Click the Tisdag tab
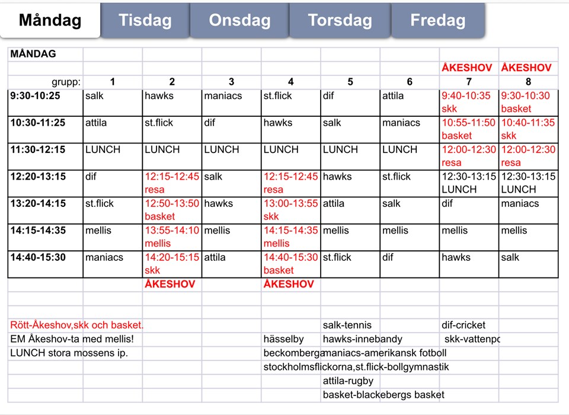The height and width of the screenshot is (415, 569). pyautogui.click(x=145, y=21)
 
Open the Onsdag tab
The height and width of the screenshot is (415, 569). pyautogui.click(x=239, y=21)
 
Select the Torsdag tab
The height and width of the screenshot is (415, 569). pyautogui.click(x=339, y=21)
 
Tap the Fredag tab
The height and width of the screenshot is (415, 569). pyautogui.click(x=437, y=21)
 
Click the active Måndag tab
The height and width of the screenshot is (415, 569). pyautogui.click(x=50, y=21)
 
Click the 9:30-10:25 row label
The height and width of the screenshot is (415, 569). pyautogui.click(x=36, y=96)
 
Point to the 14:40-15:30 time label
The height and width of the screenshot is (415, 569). pyautogui.click(x=37, y=257)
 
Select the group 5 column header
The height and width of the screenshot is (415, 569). pyautogui.click(x=350, y=82)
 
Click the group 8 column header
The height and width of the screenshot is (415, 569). pyautogui.click(x=528, y=82)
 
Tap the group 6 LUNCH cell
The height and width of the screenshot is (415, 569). pyautogui.click(x=400, y=150)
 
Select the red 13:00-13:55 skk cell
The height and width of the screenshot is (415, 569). pyautogui.click(x=290, y=210)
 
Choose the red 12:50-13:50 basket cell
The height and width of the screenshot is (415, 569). pyautogui.click(x=172, y=210)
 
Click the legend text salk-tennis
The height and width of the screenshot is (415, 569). pyautogui.click(x=347, y=325)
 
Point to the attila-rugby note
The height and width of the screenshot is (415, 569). pyautogui.click(x=348, y=381)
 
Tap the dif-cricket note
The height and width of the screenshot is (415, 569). pyautogui.click(x=463, y=325)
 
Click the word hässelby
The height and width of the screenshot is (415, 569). pyautogui.click(x=283, y=339)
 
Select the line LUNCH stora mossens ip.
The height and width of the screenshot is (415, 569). pyautogui.click(x=69, y=353)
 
